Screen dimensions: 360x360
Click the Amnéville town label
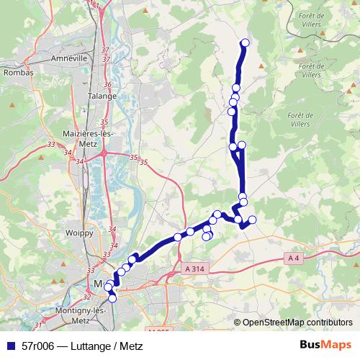coord(70,58)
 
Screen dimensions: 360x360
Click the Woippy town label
coord(79,233)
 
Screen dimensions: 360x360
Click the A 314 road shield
coord(194,268)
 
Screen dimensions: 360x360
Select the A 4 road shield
coord(294,258)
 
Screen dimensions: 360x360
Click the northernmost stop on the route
coord(244,42)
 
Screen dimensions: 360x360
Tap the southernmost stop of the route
coord(112,298)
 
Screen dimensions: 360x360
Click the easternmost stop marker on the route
coord(252,220)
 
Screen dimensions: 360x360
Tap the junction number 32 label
coord(87,296)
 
